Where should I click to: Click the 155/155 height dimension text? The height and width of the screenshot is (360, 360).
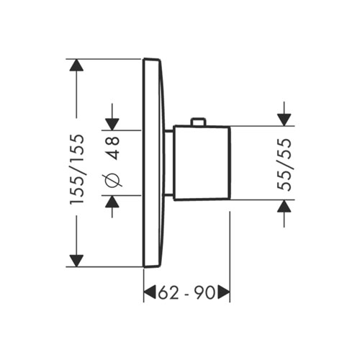(x=76, y=169)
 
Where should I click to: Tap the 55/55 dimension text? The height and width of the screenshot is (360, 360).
(x=286, y=163)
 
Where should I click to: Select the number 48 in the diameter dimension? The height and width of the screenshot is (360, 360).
(x=113, y=149)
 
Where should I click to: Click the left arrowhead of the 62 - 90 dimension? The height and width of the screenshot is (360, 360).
(x=150, y=292)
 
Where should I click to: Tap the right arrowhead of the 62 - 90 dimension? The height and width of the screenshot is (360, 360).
(x=223, y=292)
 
